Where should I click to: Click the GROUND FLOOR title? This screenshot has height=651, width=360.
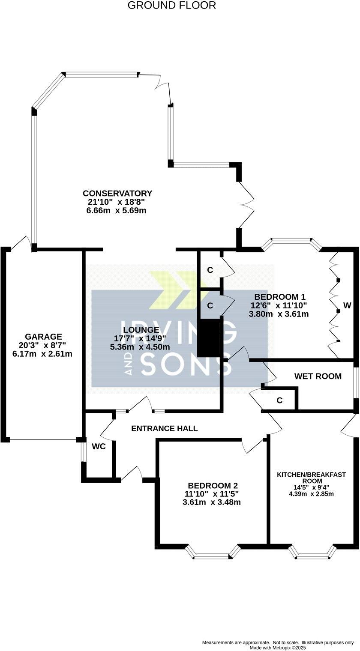coord(171,6)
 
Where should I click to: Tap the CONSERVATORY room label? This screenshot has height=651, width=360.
coord(117,193)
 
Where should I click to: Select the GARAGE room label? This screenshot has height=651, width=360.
coord(43,337)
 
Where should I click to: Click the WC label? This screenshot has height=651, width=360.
coord(99,446)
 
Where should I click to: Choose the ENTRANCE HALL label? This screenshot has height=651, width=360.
coord(165,428)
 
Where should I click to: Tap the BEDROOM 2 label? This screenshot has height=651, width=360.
coord(213,485)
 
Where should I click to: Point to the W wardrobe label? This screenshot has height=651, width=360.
coord(347,306)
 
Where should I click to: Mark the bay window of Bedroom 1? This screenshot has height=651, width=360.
coord(291,242)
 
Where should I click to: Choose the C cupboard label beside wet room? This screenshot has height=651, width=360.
coord(279,400)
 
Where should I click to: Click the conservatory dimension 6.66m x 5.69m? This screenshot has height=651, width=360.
coord(117,210)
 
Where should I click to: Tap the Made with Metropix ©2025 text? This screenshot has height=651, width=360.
coord(278,647)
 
